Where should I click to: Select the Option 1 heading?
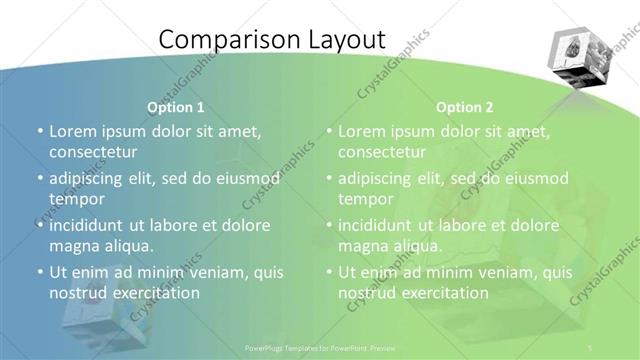pyautogui.click(x=176, y=106)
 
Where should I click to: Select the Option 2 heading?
pyautogui.click(x=465, y=106)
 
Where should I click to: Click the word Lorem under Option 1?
pyautogui.click(x=73, y=131)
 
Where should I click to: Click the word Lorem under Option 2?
pyautogui.click(x=362, y=131)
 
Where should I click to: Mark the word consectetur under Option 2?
pyautogui.click(x=382, y=152)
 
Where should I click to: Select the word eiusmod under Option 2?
pyautogui.click(x=534, y=178)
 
